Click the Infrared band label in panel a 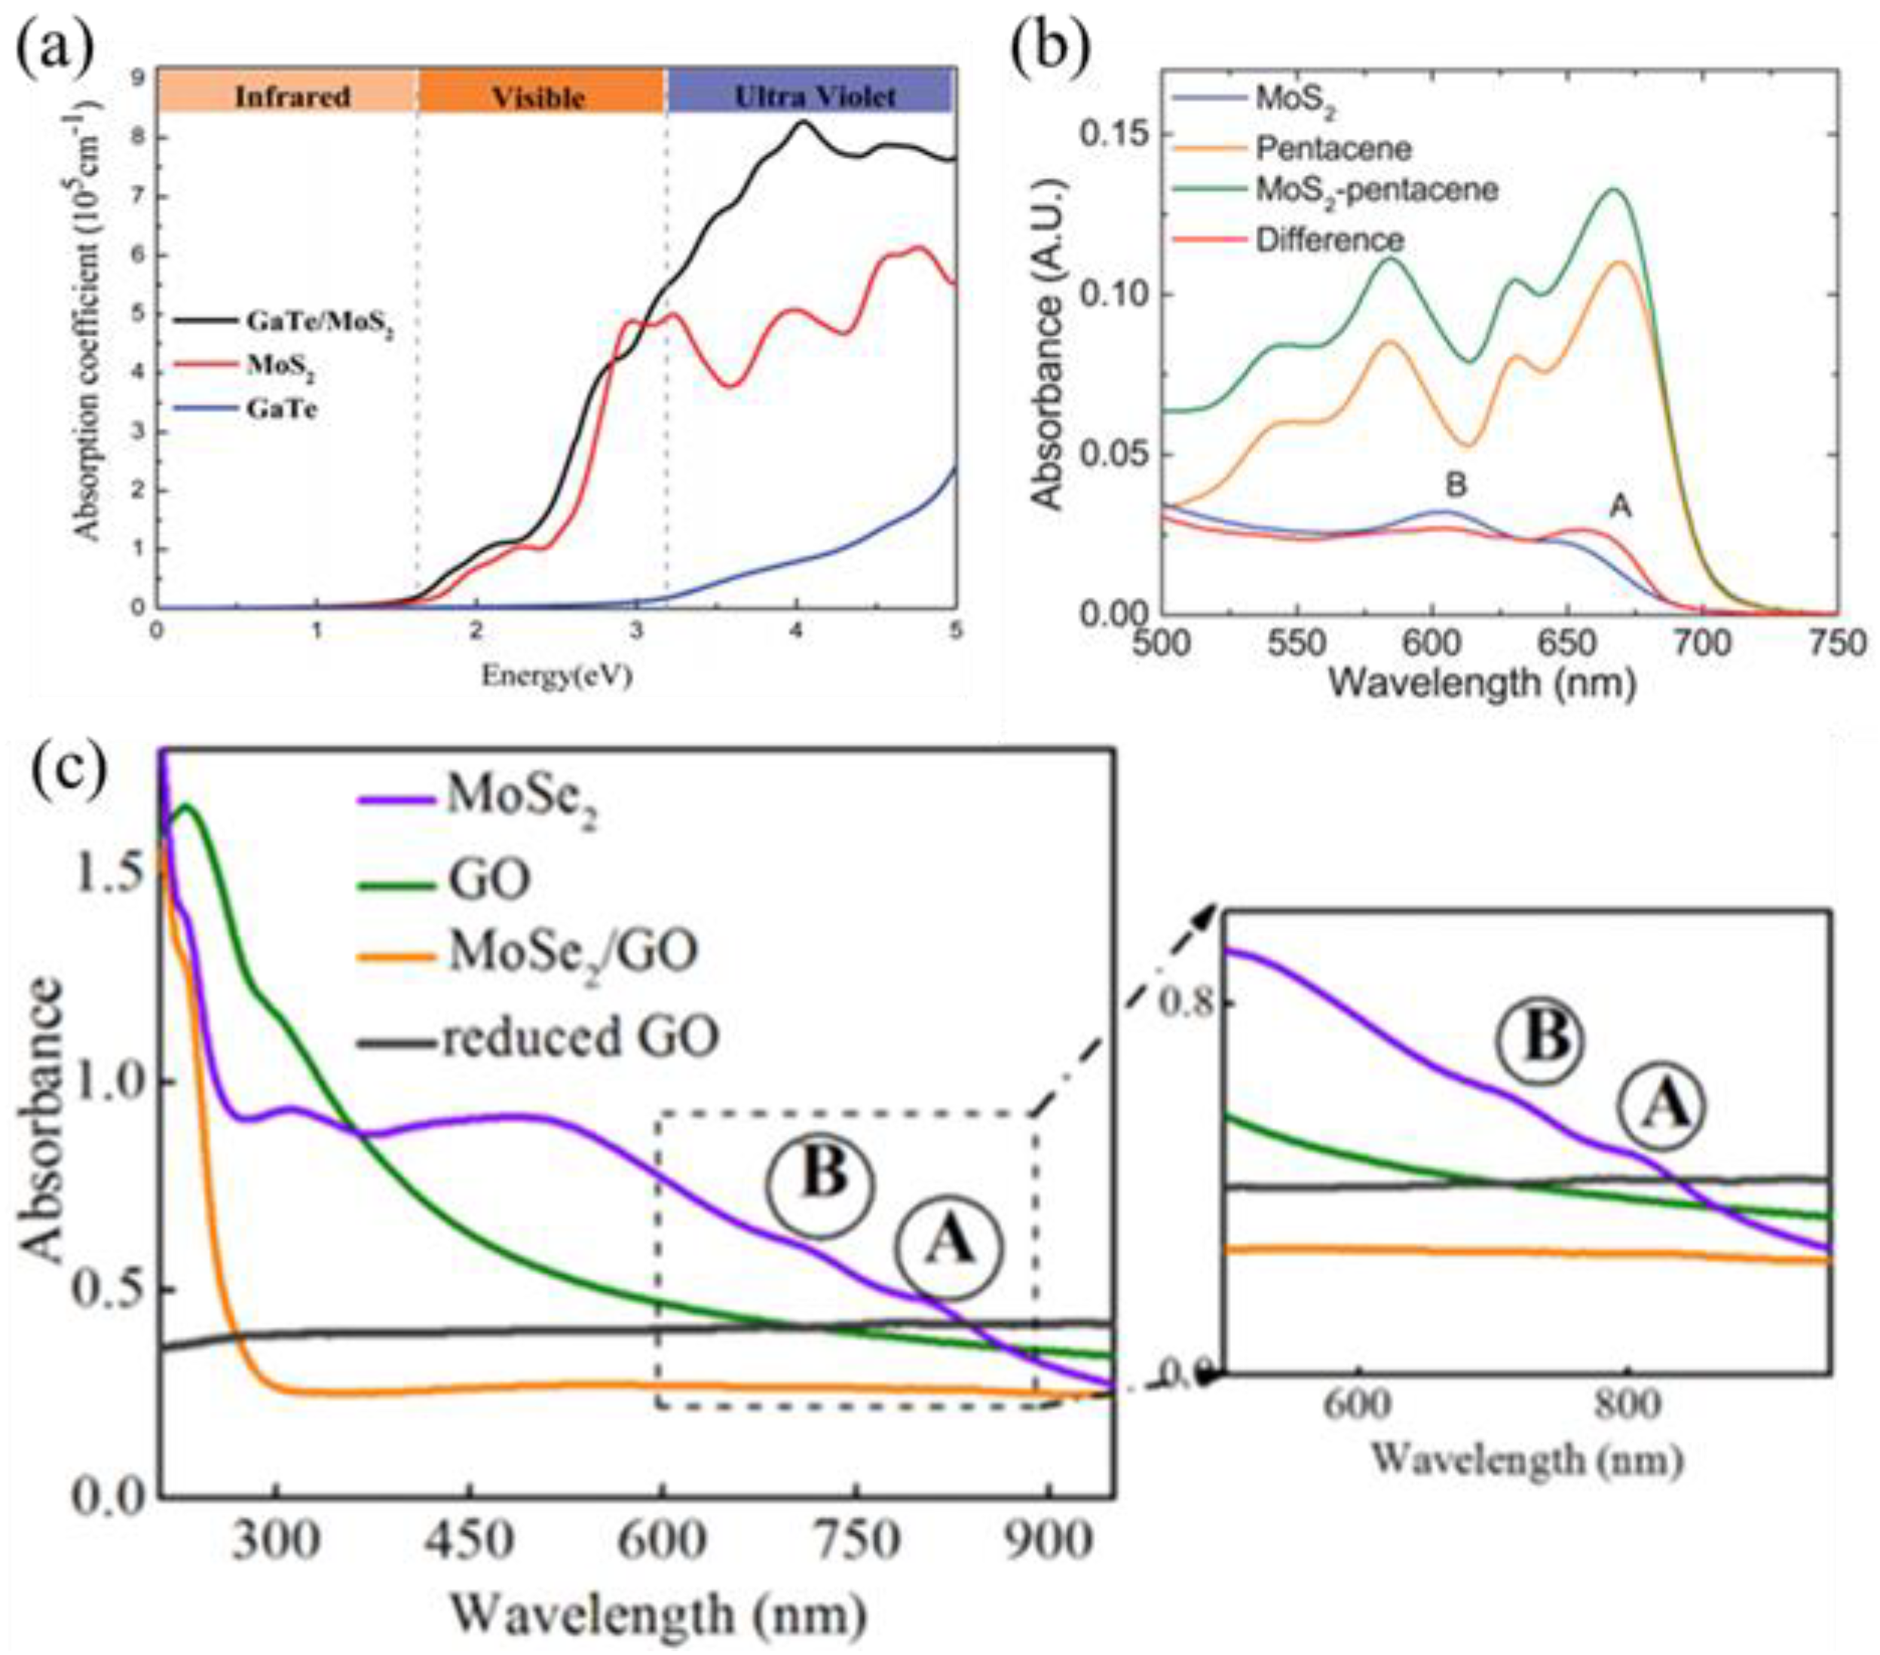(292, 96)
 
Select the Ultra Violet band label (815, 96)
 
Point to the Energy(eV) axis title (556, 677)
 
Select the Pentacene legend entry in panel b (1333, 147)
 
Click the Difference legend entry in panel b (1329, 240)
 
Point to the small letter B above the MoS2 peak (1456, 485)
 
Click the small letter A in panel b (1620, 505)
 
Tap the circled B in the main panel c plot (822, 1175)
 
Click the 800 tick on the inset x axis (1628, 1406)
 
